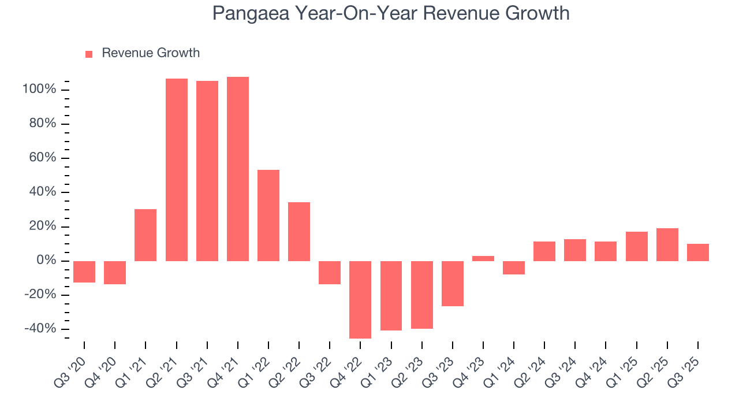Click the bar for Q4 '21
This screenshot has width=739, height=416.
(x=238, y=169)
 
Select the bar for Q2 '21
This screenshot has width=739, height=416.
(x=177, y=170)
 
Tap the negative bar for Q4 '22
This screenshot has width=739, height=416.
(x=360, y=299)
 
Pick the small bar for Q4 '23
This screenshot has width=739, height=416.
(x=483, y=258)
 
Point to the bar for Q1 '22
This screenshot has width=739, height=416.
(x=268, y=215)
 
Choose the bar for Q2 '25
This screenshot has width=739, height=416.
(x=667, y=244)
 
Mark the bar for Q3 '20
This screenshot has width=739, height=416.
(x=84, y=272)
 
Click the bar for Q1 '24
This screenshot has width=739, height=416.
(x=514, y=268)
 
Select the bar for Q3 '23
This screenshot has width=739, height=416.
(x=453, y=283)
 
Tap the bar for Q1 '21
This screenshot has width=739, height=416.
(x=145, y=235)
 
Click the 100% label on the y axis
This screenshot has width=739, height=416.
(x=39, y=90)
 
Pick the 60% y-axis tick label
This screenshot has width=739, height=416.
(x=42, y=158)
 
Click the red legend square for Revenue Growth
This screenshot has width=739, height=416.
(x=89, y=54)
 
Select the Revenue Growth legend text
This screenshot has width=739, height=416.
(x=151, y=53)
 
